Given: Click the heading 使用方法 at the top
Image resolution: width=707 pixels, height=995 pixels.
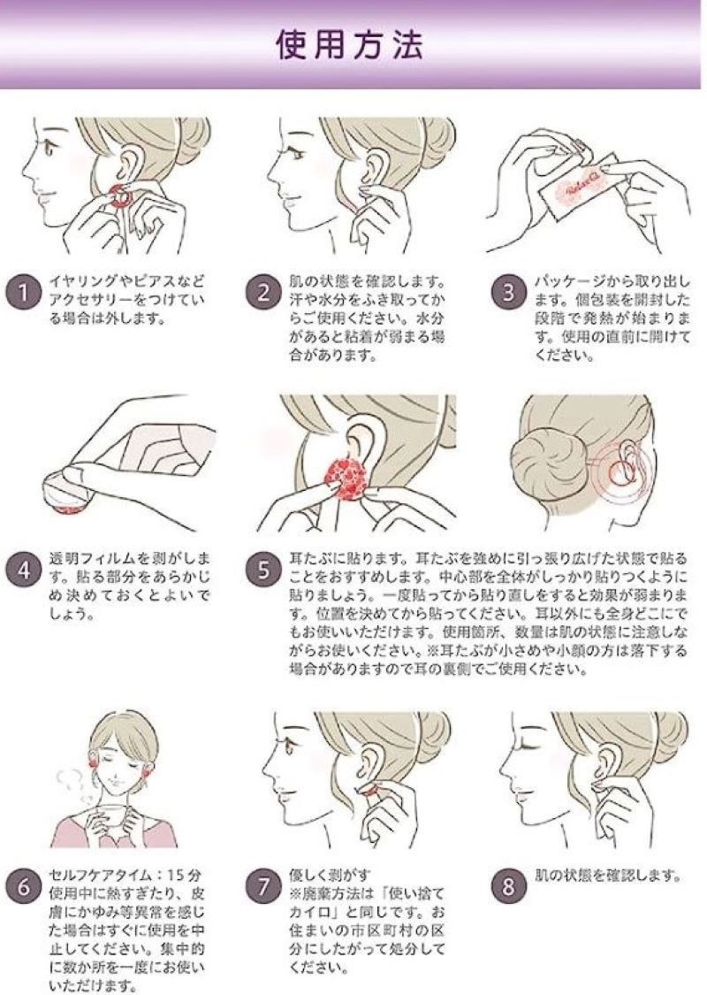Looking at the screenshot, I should [x=351, y=45].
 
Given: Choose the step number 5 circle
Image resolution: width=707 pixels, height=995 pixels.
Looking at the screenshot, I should [x=262, y=570].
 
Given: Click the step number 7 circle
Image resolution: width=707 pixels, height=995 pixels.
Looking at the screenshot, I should [x=262, y=886].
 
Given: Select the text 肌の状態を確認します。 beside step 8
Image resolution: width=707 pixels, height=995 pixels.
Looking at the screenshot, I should [x=610, y=876].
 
